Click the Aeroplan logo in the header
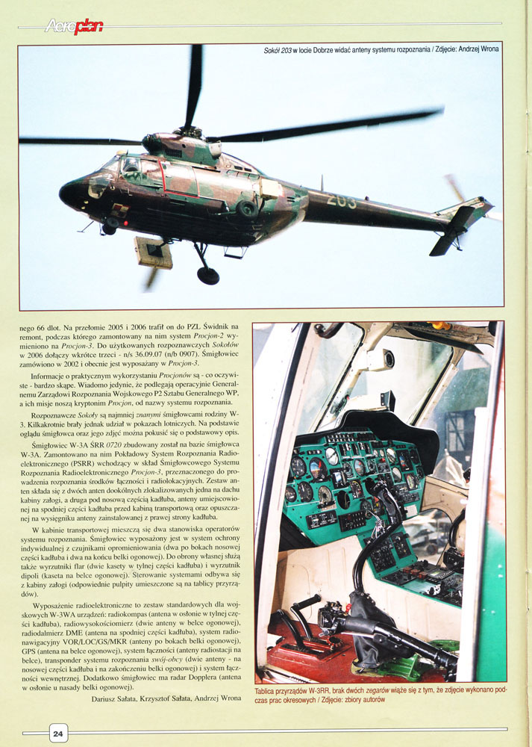coord(73,27)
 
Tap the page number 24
coord(57,734)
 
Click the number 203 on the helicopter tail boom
coord(342,200)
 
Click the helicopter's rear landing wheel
coord(208,275)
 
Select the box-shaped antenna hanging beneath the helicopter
coord(154,252)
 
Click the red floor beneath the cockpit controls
coord(298,657)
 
